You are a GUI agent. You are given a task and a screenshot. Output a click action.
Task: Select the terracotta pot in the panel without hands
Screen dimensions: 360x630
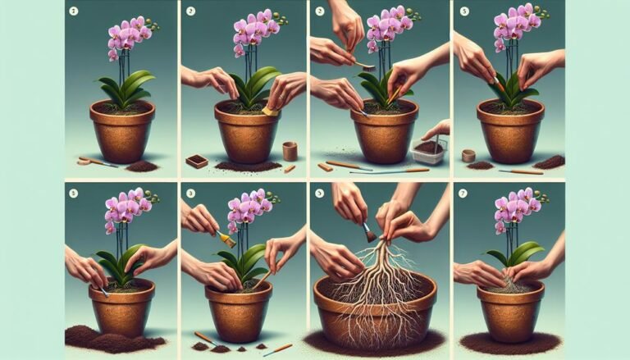121,131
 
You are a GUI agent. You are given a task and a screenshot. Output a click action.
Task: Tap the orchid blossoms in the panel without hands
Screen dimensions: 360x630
128,36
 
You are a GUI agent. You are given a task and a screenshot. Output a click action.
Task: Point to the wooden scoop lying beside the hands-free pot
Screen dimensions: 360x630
97,162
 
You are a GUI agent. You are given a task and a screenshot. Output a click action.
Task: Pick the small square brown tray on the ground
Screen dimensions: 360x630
197,161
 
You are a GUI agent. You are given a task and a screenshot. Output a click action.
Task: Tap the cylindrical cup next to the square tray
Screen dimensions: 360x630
289,151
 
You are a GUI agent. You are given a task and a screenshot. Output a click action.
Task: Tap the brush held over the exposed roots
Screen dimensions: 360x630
368,232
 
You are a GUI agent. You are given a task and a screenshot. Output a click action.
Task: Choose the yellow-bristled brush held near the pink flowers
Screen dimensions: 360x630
226,239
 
